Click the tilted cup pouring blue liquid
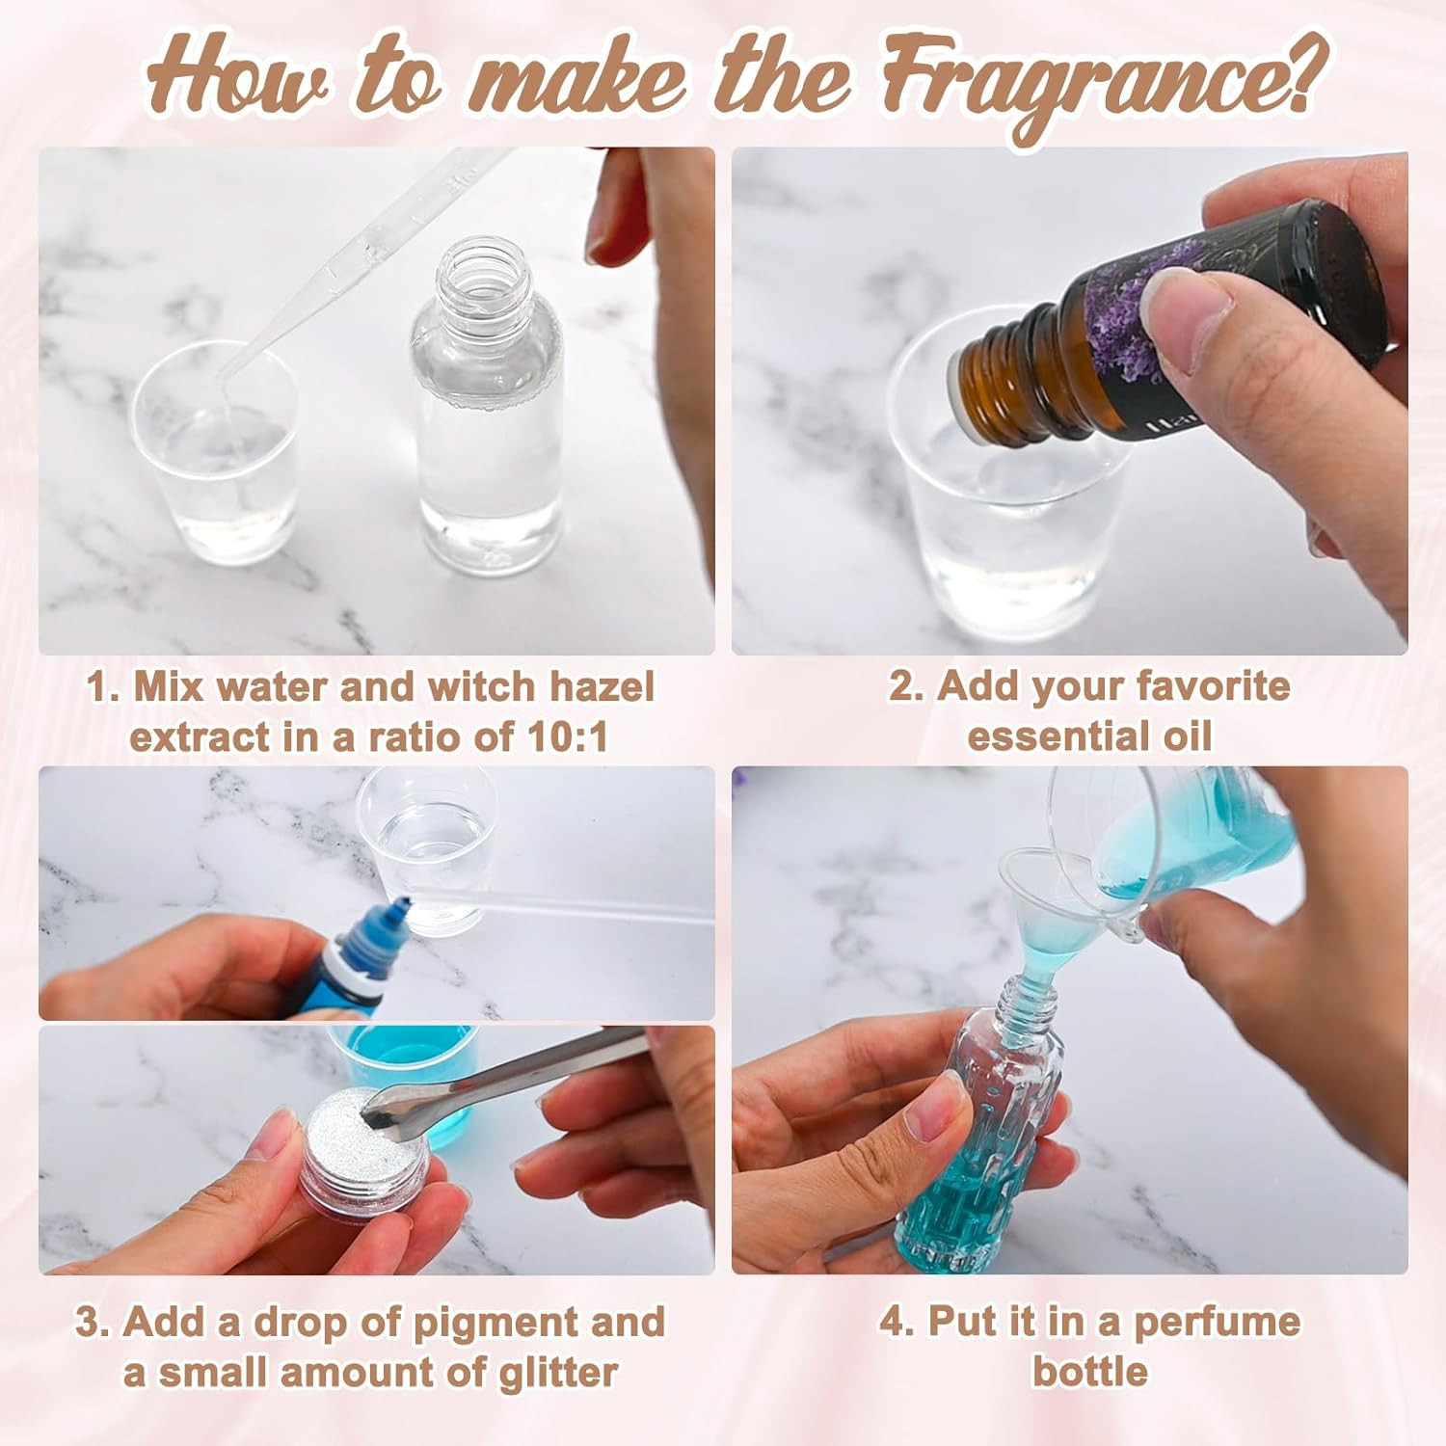click(x=1195, y=839)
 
